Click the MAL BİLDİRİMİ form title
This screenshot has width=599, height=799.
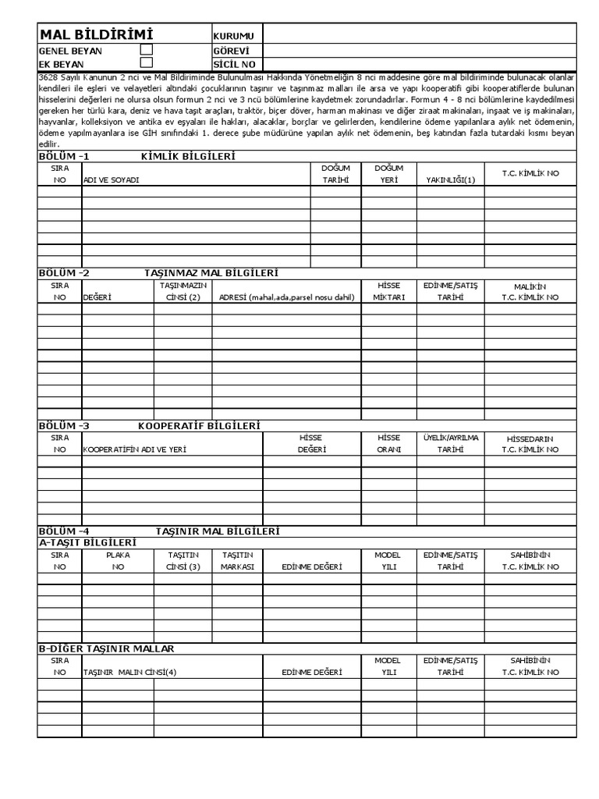click(x=96, y=35)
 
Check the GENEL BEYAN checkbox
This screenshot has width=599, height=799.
click(x=146, y=49)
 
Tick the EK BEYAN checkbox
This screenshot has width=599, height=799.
click(x=146, y=62)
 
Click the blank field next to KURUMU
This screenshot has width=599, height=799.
click(x=420, y=36)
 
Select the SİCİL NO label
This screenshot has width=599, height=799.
click(x=234, y=64)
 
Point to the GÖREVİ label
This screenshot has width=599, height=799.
click(x=229, y=50)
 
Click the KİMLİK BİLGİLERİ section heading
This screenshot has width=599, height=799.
click(x=188, y=156)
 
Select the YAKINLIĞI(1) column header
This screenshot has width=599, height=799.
click(x=450, y=179)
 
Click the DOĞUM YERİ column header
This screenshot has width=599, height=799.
click(x=388, y=173)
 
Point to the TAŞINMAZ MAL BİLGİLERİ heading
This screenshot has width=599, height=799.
click(x=211, y=273)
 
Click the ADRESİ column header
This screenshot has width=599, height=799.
click(x=286, y=297)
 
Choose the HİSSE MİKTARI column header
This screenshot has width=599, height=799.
click(x=388, y=291)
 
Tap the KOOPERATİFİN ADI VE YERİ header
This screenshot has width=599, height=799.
click(x=135, y=449)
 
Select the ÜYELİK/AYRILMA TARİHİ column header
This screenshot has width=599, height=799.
click(x=450, y=443)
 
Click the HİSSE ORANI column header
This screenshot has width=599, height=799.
click(x=388, y=443)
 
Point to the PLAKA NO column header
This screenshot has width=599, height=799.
click(x=118, y=560)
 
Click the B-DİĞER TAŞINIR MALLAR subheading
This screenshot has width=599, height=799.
click(x=106, y=648)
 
